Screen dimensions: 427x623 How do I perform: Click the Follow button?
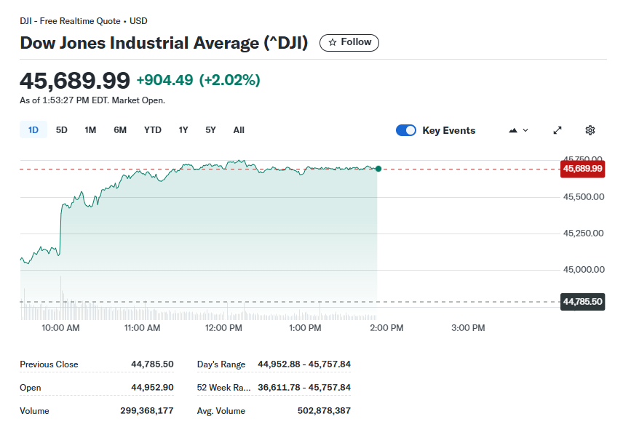pyautogui.click(x=349, y=42)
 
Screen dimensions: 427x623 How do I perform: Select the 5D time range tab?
pyautogui.click(x=62, y=130)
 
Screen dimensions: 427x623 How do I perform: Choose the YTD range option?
pyautogui.click(x=152, y=130)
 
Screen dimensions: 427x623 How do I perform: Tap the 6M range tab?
pyautogui.click(x=120, y=130)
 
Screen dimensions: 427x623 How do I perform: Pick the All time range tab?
pyautogui.click(x=239, y=130)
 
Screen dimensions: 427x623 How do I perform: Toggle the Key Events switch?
pyautogui.click(x=406, y=130)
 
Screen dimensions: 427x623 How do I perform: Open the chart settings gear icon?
pyautogui.click(x=590, y=130)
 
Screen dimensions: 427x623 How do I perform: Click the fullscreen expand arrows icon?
pyautogui.click(x=557, y=130)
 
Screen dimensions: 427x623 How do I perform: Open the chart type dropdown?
pyautogui.click(x=518, y=130)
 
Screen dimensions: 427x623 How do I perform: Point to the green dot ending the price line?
pyautogui.click(x=378, y=169)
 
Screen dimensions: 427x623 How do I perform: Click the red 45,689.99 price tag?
pyautogui.click(x=582, y=169)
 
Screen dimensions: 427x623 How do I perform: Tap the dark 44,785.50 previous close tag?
pyautogui.click(x=582, y=301)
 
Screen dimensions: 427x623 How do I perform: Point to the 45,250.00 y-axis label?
pyautogui.click(x=584, y=234)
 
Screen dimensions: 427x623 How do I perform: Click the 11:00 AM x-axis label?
pyautogui.click(x=143, y=328)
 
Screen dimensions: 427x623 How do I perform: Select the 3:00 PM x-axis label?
pyautogui.click(x=468, y=328)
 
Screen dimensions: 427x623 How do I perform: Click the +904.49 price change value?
pyautogui.click(x=164, y=80)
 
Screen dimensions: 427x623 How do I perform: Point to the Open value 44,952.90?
pyautogui.click(x=152, y=388)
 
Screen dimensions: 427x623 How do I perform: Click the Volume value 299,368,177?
pyautogui.click(x=147, y=411)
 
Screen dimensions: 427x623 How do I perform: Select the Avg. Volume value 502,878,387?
pyautogui.click(x=324, y=411)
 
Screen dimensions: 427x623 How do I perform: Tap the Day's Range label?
pyautogui.click(x=221, y=364)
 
